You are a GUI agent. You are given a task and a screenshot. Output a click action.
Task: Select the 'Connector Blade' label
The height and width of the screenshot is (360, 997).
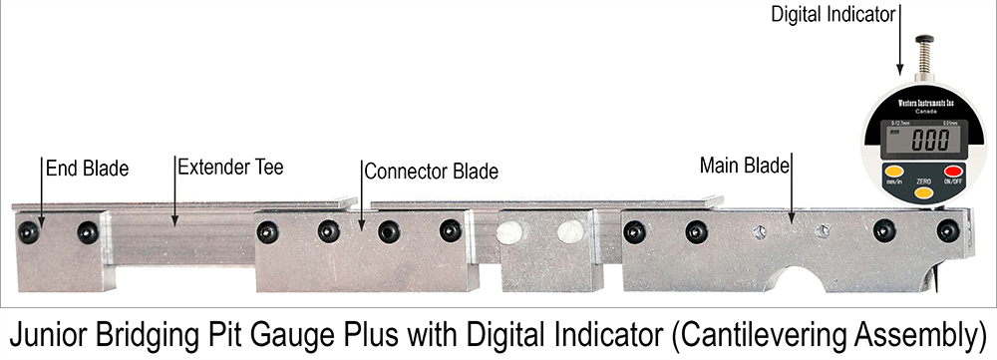(431, 171)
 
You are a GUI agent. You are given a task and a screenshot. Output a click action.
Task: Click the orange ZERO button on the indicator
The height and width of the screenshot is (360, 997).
(923, 191)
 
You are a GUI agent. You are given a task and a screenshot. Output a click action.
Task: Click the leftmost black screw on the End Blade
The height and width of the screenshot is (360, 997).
(29, 232)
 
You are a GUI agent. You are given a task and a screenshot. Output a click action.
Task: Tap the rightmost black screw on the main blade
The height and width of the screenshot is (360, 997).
(947, 231)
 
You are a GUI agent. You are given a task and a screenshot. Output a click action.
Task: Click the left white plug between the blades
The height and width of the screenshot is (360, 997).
(509, 232)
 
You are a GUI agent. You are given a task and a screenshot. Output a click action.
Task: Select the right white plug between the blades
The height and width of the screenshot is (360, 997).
(570, 232)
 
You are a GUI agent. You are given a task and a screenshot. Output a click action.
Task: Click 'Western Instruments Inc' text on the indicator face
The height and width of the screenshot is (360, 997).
(920, 101)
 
